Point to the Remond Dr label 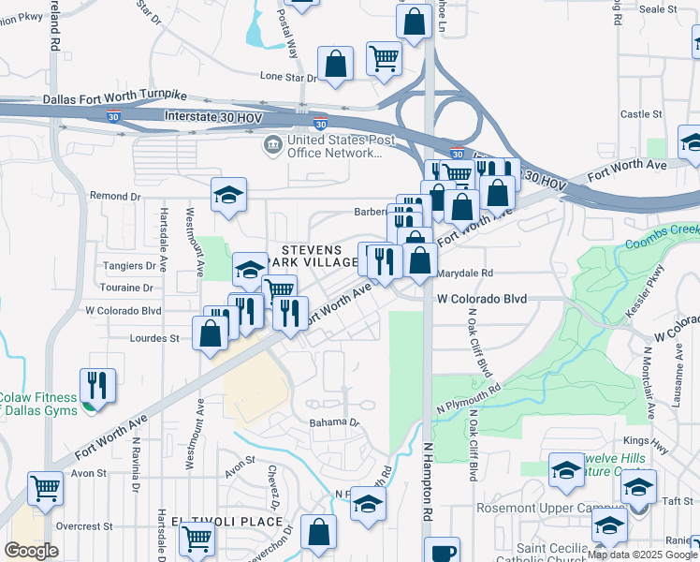[114, 197]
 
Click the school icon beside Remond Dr [228, 196]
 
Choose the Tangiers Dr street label [130, 267]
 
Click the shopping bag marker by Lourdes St [211, 333]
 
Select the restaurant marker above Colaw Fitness [97, 383]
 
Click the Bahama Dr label [335, 422]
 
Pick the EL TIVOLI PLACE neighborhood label [226, 521]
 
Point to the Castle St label [641, 114]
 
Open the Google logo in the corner [31, 551]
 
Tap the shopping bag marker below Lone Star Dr [335, 64]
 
